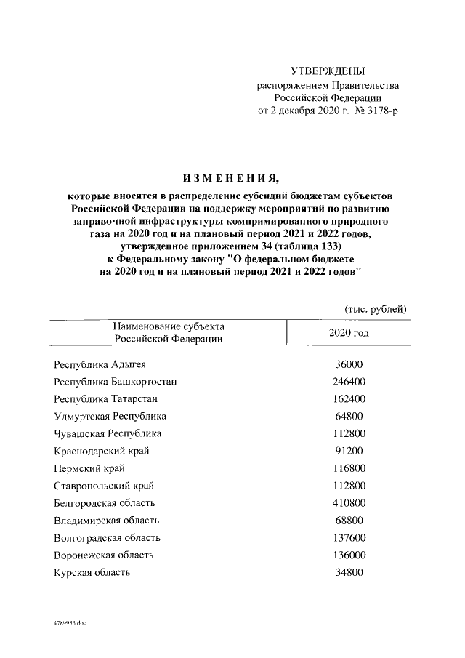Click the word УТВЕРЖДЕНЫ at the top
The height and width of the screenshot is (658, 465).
pyautogui.click(x=328, y=71)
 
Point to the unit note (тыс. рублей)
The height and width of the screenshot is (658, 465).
pyautogui.click(x=375, y=308)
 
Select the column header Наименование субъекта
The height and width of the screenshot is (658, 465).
pyautogui.click(x=168, y=326)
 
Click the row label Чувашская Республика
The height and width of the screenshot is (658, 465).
pyautogui.click(x=108, y=434)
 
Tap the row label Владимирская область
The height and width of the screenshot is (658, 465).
pyautogui.click(x=106, y=521)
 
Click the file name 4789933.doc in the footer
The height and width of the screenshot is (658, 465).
pyautogui.click(x=69, y=624)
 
